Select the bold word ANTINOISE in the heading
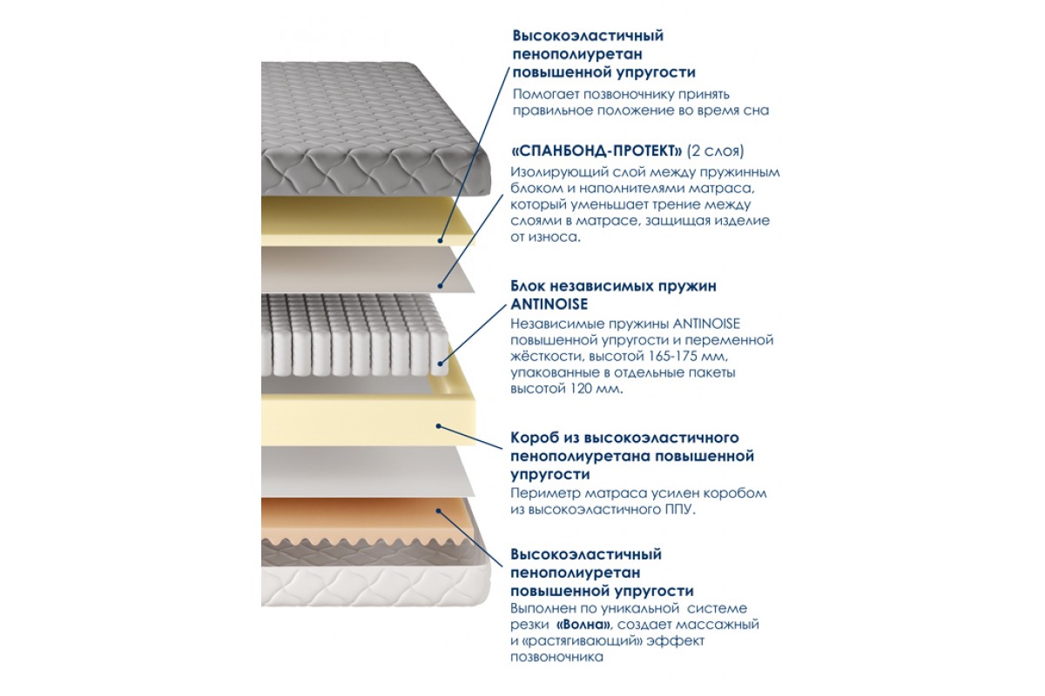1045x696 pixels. click(x=549, y=304)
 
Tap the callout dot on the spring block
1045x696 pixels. click(x=440, y=363)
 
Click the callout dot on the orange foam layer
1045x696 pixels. click(x=439, y=511)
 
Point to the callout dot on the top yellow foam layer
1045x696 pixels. click(x=440, y=240)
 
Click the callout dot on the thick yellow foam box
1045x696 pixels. click(x=439, y=425)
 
